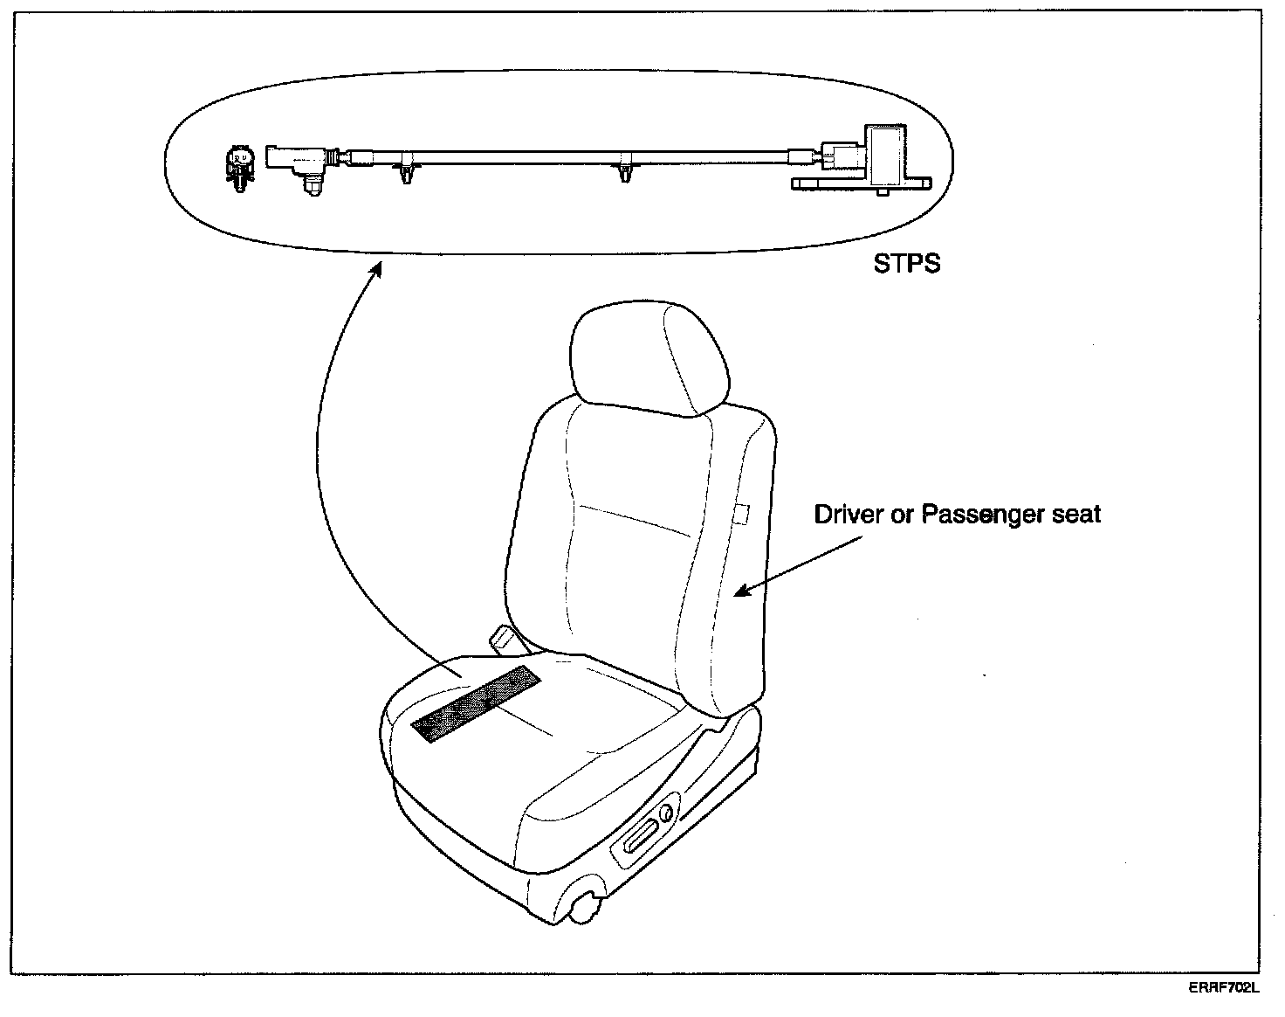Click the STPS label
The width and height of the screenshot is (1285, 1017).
tap(907, 263)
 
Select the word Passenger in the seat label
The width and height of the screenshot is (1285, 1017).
tap(981, 515)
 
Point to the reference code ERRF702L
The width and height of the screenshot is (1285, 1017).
tap(1224, 988)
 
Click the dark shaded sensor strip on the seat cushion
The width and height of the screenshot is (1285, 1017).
tap(477, 704)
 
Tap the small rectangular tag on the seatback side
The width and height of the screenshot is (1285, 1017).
tap(743, 515)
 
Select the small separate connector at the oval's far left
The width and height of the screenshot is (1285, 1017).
tap(238, 166)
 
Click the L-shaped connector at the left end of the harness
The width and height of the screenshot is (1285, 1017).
tap(297, 161)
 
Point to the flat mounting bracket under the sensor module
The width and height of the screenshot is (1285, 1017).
tap(861, 184)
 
